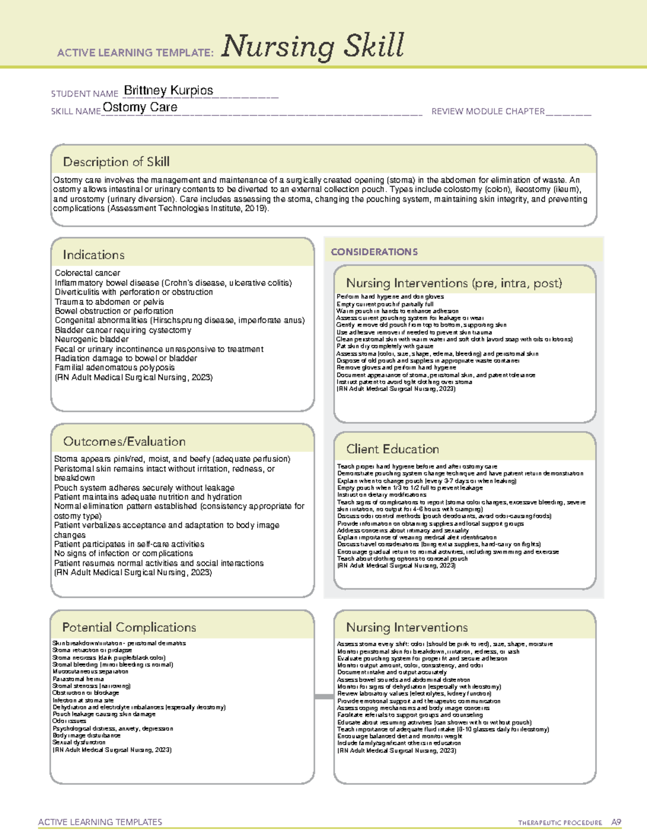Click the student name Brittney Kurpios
click(x=168, y=91)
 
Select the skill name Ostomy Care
click(x=140, y=107)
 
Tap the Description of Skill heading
click(x=116, y=162)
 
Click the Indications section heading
click(x=93, y=255)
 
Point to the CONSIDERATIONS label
click(x=374, y=252)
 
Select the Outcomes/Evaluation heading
click(x=124, y=441)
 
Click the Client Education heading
click(x=393, y=449)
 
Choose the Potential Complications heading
click(x=129, y=627)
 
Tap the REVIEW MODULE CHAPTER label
click(x=488, y=112)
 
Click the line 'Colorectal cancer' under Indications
click(x=87, y=273)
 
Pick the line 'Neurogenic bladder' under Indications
click(x=92, y=339)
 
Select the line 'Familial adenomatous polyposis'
click(x=114, y=367)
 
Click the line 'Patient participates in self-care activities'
click(x=129, y=544)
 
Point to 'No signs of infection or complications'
click(x=123, y=553)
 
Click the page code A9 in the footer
click(x=616, y=822)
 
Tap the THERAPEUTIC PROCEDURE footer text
click(x=560, y=823)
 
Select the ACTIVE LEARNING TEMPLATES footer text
click(x=100, y=822)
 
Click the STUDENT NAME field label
click(x=85, y=94)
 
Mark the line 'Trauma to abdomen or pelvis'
click(x=109, y=302)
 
